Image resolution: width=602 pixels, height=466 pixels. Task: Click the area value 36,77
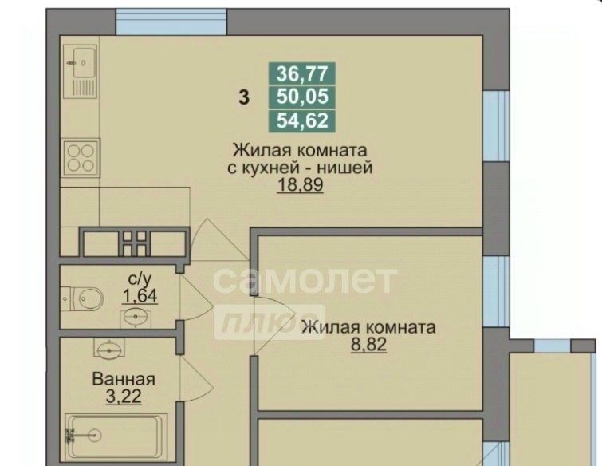point(302,73)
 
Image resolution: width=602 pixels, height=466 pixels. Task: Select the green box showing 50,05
point(302,97)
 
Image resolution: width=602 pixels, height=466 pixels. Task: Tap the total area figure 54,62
point(302,120)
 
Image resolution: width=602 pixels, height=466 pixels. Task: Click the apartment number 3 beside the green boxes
point(244,97)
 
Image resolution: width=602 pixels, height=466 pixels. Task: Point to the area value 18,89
point(300,185)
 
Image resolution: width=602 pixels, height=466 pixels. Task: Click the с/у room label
point(140,278)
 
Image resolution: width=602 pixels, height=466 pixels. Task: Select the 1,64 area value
point(140,296)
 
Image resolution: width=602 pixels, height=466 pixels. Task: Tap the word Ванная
point(124,380)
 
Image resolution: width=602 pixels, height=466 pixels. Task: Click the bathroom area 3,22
point(124,397)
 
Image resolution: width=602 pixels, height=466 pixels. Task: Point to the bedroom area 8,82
point(368,345)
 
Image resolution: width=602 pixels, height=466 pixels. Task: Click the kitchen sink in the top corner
point(80,71)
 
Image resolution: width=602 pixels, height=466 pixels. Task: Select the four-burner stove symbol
point(81,157)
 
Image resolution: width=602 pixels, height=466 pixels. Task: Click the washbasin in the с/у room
point(136,318)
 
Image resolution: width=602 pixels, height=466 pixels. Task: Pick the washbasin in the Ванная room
point(109,349)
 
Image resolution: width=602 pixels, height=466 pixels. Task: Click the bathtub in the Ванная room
point(116,436)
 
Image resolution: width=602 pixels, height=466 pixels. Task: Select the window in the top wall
point(171,22)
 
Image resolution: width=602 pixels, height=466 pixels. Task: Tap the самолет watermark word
point(305,279)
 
